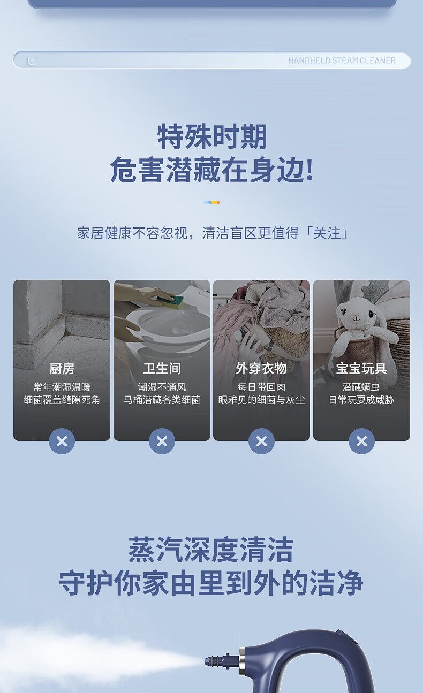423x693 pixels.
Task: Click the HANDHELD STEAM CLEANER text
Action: click(x=342, y=60)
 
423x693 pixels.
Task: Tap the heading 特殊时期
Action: click(x=212, y=136)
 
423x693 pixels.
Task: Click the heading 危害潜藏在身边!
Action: click(x=212, y=169)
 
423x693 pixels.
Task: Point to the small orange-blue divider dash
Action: click(x=211, y=202)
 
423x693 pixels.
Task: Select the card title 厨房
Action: click(x=62, y=369)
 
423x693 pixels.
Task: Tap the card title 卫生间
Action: click(x=162, y=369)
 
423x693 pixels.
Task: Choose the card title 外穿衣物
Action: click(x=261, y=369)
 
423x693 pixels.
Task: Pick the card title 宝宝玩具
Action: click(x=361, y=369)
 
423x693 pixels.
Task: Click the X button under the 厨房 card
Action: click(x=62, y=441)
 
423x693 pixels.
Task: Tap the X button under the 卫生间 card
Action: click(x=162, y=441)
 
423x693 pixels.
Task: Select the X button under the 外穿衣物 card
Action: click(x=262, y=441)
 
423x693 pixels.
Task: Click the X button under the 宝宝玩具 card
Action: click(x=361, y=441)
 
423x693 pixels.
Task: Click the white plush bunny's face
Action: click(x=357, y=313)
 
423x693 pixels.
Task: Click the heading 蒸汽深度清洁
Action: click(x=211, y=550)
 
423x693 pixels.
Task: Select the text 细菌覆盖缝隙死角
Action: click(x=62, y=400)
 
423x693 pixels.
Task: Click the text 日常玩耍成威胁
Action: click(x=361, y=400)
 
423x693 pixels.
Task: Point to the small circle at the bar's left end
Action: click(x=32, y=60)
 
